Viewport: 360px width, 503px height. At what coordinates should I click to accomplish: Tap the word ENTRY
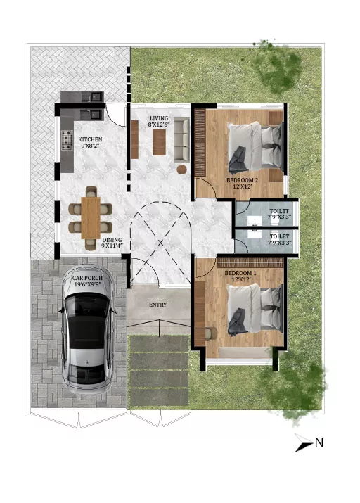(x=157, y=305)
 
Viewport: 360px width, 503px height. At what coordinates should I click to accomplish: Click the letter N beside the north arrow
(x=319, y=442)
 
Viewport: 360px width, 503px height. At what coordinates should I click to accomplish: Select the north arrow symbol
(x=303, y=443)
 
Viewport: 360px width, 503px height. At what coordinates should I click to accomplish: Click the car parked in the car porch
(x=87, y=330)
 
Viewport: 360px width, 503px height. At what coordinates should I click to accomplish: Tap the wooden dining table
(x=91, y=218)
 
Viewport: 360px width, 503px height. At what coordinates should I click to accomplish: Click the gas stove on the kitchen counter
(x=67, y=140)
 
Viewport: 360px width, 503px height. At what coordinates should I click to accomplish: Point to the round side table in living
(x=182, y=169)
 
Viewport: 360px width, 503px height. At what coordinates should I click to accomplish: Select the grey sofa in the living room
(x=182, y=139)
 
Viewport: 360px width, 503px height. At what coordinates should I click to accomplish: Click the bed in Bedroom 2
(x=255, y=146)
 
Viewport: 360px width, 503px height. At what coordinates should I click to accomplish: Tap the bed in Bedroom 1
(x=255, y=310)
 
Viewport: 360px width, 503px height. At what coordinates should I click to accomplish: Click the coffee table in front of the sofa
(x=159, y=142)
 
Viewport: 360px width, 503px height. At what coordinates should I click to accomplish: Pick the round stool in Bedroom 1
(x=211, y=333)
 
